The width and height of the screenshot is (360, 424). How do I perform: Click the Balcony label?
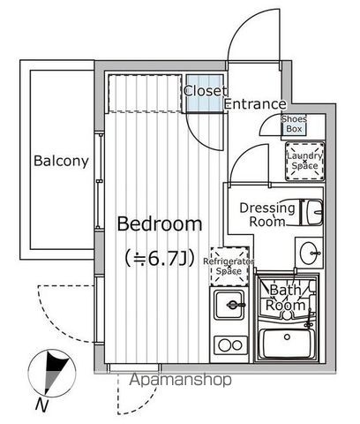coord(61,161)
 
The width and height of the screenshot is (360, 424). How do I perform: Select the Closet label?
coord(205,90)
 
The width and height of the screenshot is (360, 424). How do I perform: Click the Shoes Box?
coord(294,125)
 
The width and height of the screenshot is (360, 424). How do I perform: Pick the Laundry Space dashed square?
coord(304,161)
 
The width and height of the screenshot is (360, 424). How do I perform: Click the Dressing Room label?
coord(267,215)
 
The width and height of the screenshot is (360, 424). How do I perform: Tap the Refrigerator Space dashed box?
coord(229,268)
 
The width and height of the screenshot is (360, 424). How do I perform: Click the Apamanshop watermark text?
coord(181,381)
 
